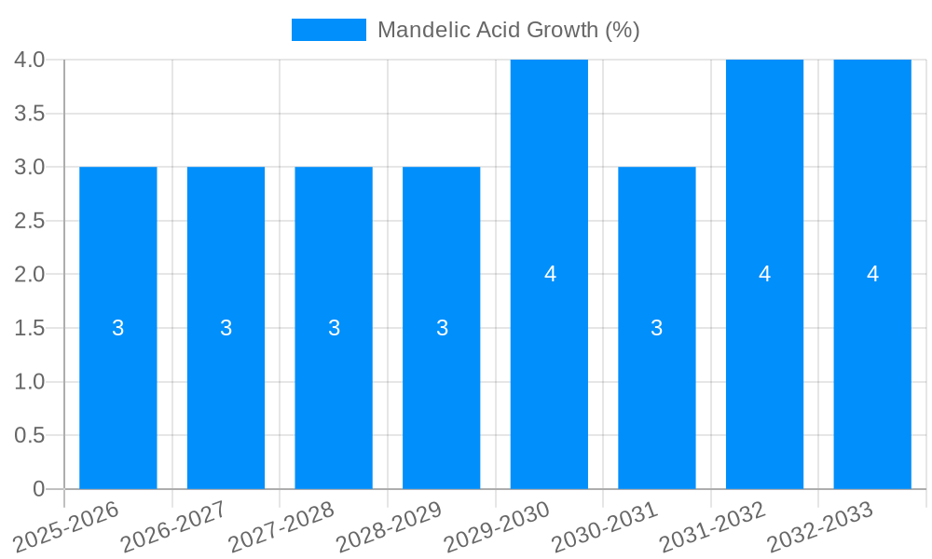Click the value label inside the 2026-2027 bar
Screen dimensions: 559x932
pyautogui.click(x=226, y=328)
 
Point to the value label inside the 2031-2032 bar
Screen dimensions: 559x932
pyautogui.click(x=764, y=274)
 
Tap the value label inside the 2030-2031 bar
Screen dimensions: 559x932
pyautogui.click(x=657, y=328)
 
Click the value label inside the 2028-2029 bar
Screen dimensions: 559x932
pyautogui.click(x=442, y=328)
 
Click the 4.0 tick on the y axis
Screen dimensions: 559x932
pyautogui.click(x=30, y=60)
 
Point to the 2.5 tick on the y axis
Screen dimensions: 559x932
pyautogui.click(x=30, y=221)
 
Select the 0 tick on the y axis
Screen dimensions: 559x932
pyautogui.click(x=38, y=489)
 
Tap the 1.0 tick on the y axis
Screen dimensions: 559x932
pyautogui.click(x=30, y=382)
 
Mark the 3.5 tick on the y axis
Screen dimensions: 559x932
pyautogui.click(x=30, y=114)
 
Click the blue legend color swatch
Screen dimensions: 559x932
pyautogui.click(x=329, y=30)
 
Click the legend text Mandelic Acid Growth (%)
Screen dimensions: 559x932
pyautogui.click(x=508, y=30)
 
